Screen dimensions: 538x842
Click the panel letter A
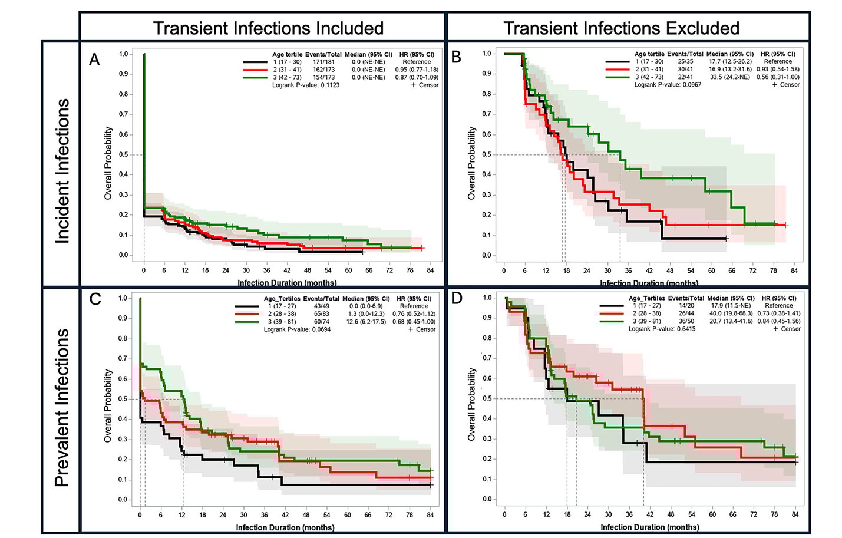point(94,60)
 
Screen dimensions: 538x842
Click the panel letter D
point(457,298)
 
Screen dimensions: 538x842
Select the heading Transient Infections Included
point(268,28)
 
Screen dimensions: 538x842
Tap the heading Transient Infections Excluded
point(621,28)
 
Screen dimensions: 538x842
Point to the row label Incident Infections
point(62,171)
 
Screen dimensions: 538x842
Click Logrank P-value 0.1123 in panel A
point(306,85)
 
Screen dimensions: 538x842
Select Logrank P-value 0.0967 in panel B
point(668,85)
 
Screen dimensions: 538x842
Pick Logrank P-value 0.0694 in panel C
point(297,329)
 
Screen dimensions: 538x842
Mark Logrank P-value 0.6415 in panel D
point(662,329)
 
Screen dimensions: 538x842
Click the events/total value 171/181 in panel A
point(323,62)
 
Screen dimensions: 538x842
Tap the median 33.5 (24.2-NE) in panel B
point(729,77)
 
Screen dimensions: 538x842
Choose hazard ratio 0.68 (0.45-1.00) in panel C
point(414,322)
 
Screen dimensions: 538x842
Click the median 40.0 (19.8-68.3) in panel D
point(731,313)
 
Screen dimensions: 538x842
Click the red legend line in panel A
point(255,70)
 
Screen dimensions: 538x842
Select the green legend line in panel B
point(618,77)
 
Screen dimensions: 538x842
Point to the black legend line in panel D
point(612,306)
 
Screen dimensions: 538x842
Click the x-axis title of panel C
point(285,527)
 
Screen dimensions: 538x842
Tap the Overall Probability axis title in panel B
point(471,163)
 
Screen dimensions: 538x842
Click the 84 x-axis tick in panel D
point(795,514)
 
